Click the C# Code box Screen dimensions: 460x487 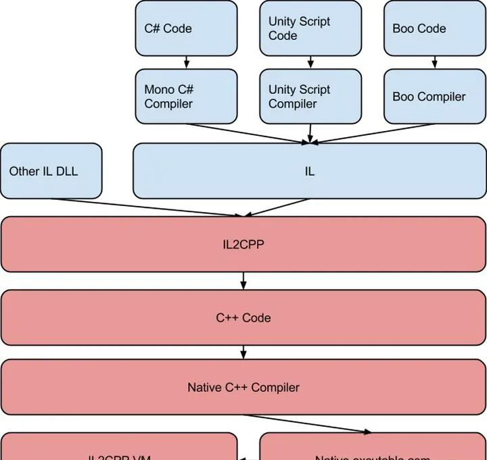coord(186,28)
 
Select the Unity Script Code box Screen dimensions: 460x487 coord(310,28)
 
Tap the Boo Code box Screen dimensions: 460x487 coord(434,28)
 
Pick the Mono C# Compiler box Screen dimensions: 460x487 coord(186,97)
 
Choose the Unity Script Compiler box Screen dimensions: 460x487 coord(310,97)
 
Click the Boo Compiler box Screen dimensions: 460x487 coord(434,97)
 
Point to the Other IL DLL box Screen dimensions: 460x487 coord(51,171)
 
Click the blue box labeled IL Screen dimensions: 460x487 coord(309,171)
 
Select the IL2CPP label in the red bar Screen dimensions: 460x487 coord(243,245)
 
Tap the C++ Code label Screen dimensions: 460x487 coord(243,317)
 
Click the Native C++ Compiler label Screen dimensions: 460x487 coord(243,387)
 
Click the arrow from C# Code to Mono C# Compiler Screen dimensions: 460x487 coord(186,62)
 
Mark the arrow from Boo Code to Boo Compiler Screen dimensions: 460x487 coord(434,62)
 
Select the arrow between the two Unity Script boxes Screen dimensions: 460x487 coord(310,62)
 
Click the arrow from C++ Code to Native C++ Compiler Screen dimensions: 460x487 coord(243,352)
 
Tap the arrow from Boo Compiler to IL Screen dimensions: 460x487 coord(372,133)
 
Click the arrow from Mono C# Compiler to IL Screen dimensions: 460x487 coord(247,133)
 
